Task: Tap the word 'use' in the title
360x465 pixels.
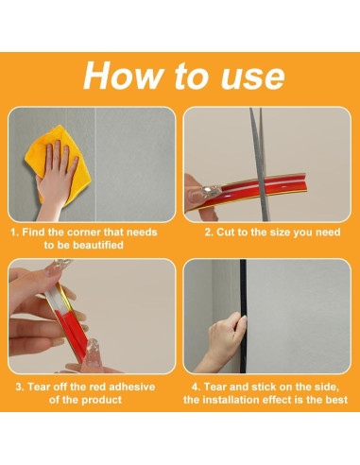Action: (253, 77)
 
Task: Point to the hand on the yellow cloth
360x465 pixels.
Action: (56, 177)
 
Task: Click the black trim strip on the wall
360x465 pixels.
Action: (243, 316)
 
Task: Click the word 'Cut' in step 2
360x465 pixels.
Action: (225, 232)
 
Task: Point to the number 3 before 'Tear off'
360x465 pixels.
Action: (19, 387)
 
